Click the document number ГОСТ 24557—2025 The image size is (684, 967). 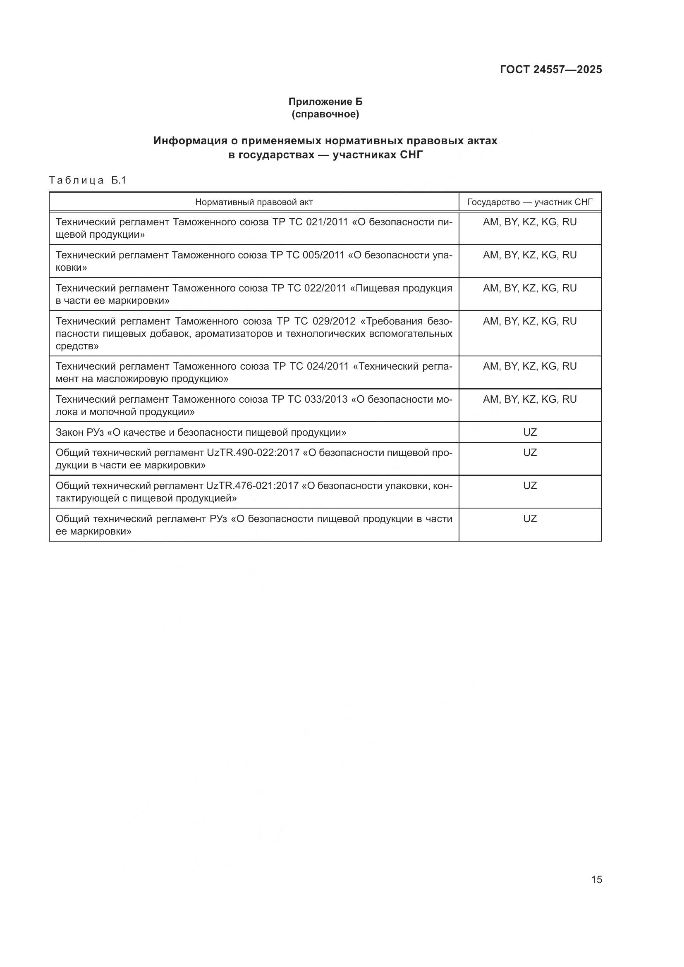[551, 69]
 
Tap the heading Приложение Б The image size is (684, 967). [325, 102]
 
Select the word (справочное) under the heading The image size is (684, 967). [325, 114]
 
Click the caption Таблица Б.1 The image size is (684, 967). [88, 180]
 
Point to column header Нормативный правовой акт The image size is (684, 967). [254, 202]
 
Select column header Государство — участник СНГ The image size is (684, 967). [530, 202]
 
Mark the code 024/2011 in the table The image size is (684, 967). [328, 366]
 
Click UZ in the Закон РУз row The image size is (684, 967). [530, 432]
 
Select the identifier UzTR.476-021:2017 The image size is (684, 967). [252, 486]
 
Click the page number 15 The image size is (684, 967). [596, 879]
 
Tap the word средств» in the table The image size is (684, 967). [77, 346]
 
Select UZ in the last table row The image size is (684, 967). [530, 519]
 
